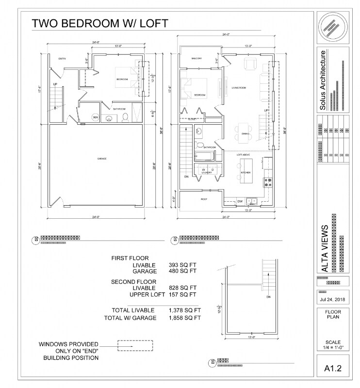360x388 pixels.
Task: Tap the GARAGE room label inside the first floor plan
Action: point(101,159)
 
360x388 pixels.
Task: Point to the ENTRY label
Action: point(62,59)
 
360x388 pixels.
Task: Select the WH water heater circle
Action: point(95,117)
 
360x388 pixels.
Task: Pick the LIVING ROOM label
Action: point(239,88)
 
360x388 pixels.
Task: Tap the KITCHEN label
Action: point(245,172)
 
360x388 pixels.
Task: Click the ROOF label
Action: point(204,199)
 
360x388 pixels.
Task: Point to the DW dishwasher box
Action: point(240,201)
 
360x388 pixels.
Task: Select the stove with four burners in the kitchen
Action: point(267,182)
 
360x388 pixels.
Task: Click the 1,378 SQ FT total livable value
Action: point(185,310)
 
